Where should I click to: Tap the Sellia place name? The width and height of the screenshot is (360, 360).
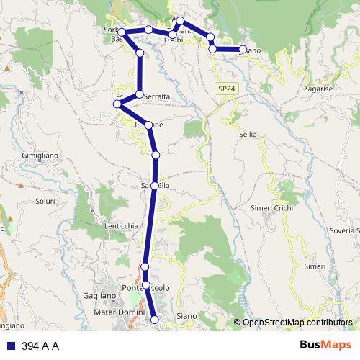click(x=248, y=134)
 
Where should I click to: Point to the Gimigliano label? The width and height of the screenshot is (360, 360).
click(x=44, y=156)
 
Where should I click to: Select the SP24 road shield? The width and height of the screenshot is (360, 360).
click(x=225, y=89)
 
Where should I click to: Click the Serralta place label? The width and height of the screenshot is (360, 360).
click(x=156, y=96)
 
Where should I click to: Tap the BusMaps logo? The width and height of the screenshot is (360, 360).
click(x=327, y=345)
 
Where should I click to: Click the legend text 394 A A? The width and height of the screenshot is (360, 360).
click(x=40, y=346)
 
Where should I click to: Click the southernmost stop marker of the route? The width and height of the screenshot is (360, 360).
click(x=155, y=319)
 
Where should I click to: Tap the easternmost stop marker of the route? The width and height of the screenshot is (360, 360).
click(x=243, y=50)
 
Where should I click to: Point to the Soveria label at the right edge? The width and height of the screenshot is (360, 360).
click(x=343, y=230)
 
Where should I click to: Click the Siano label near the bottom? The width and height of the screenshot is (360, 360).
click(x=186, y=316)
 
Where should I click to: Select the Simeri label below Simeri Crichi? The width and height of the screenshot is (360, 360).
click(x=315, y=266)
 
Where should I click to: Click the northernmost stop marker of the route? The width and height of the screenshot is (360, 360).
click(x=181, y=20)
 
